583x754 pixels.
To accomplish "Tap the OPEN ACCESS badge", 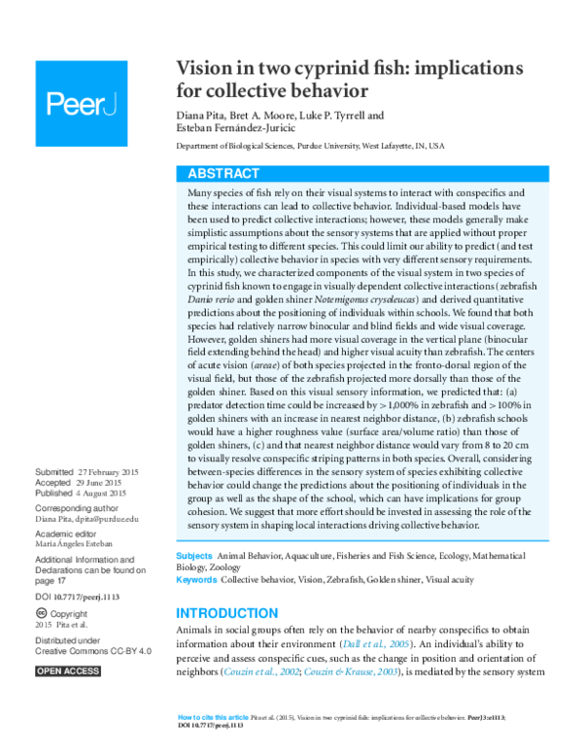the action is click(x=68, y=670).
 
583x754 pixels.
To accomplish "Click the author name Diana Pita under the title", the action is click(x=201, y=114).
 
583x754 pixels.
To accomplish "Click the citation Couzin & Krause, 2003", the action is click(x=342, y=671).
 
